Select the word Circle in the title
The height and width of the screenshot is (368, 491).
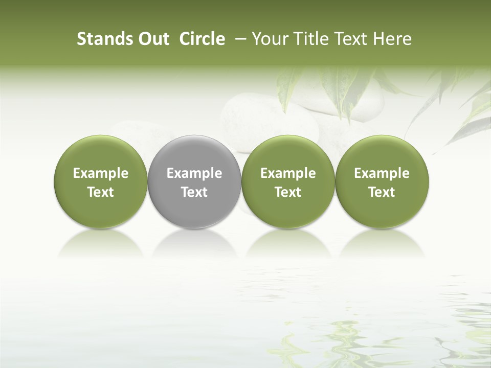(x=202, y=39)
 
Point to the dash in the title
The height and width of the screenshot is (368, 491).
(x=239, y=39)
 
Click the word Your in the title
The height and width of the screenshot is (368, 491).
(x=269, y=39)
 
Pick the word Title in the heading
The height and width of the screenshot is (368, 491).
(x=307, y=39)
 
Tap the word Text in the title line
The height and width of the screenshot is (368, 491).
(x=349, y=39)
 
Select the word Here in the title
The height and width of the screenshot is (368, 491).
(x=391, y=39)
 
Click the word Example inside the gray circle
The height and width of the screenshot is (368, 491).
(x=194, y=174)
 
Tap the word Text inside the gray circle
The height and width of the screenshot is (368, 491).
(x=194, y=192)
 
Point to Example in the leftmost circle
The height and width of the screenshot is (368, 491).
(x=100, y=174)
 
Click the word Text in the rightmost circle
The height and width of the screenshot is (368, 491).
(x=382, y=192)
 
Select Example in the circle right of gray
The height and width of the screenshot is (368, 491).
(x=288, y=174)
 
